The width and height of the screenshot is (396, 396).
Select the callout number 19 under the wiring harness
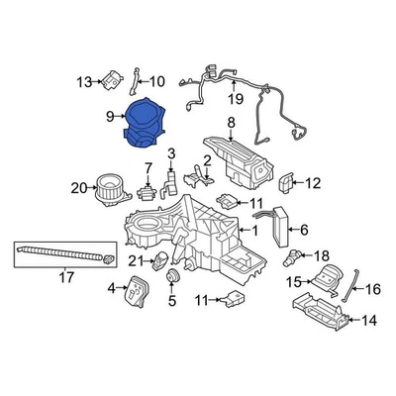coord(235,99)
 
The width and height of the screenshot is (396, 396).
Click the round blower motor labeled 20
coord(106,188)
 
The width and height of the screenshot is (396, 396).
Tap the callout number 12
coord(313,182)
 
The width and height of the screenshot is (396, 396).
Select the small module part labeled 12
coord(287,182)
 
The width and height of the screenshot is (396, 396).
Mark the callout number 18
coord(321,255)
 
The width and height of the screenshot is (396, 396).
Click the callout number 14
coord(368,320)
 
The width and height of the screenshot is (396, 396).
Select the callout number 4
coord(111,289)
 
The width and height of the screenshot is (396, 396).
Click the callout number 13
coord(83,79)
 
